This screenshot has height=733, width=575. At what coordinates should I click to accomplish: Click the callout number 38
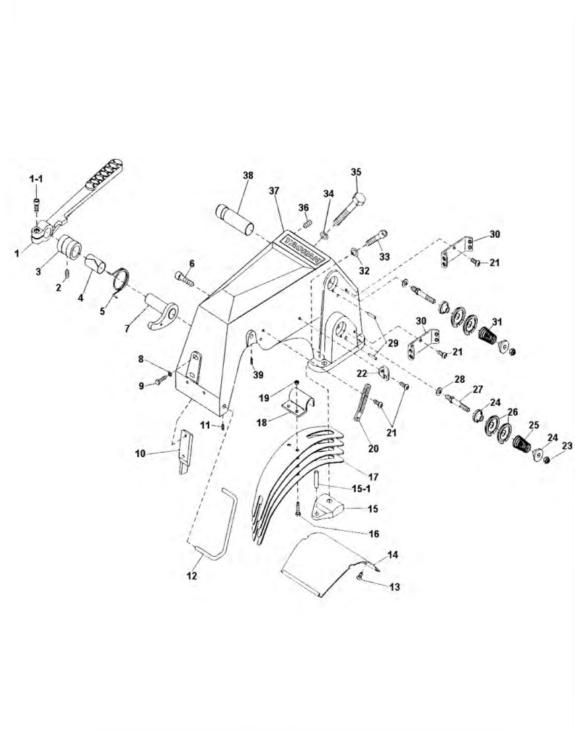[248, 175]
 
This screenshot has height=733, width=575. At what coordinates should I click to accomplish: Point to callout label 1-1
[36, 179]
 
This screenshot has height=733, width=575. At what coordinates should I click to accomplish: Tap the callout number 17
[373, 477]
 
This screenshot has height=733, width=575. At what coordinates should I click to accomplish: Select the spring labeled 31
[489, 335]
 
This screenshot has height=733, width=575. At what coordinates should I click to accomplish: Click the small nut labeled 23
[547, 460]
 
